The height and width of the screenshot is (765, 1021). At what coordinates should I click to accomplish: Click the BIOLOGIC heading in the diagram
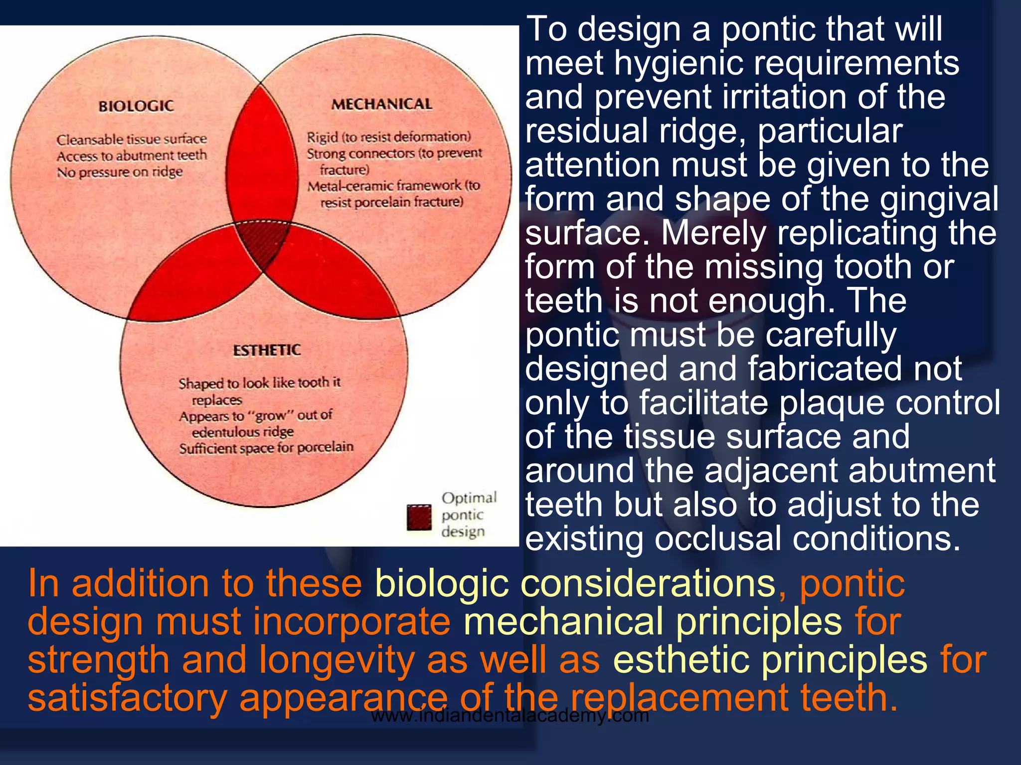(136, 106)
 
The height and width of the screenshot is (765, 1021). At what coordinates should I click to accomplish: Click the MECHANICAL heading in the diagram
(381, 104)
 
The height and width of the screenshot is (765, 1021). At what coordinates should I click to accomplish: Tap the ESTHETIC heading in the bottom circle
(267, 350)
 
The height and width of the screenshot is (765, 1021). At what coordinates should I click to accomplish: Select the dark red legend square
(419, 517)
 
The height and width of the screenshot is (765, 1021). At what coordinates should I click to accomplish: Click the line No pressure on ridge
(120, 172)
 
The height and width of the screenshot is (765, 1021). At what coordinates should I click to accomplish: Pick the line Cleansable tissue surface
(131, 139)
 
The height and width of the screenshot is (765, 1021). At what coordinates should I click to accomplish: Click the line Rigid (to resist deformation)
(389, 136)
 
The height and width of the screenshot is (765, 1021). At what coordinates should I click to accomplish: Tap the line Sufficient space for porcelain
(266, 448)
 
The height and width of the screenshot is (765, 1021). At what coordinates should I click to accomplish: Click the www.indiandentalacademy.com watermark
(510, 716)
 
